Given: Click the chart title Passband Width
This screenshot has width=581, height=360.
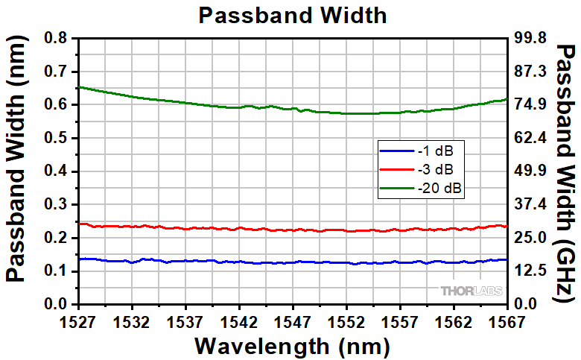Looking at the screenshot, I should coord(293,15).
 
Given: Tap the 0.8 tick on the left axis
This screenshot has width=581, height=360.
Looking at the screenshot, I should coord(57,38).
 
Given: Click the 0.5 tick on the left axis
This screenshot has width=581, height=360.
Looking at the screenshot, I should coord(57,138).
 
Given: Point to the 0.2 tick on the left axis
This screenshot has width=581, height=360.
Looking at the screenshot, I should coord(57,238).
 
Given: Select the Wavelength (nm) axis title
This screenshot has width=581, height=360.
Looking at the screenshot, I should coord(292,346).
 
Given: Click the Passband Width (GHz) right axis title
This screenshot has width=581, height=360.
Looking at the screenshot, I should coord(567,171).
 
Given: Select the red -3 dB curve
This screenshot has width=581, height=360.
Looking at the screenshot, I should coord(223,228).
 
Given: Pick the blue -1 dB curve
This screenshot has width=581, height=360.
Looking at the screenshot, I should coord(223,262).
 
